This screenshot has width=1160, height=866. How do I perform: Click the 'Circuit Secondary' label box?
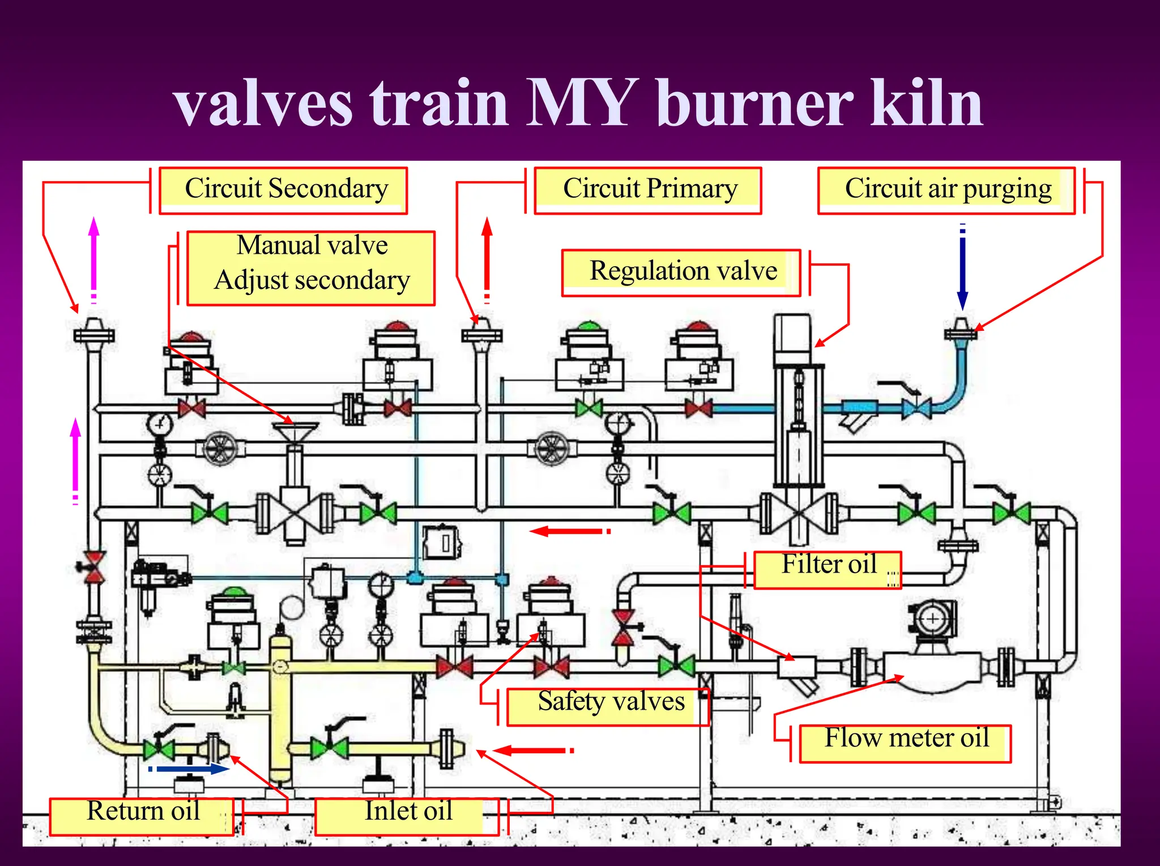pos(283,190)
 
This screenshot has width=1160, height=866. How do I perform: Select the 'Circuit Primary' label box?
pos(647,190)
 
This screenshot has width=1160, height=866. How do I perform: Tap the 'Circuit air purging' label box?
pos(946,190)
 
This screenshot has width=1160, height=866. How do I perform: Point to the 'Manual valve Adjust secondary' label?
pos(311,268)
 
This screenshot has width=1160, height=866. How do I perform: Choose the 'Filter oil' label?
pos(828,570)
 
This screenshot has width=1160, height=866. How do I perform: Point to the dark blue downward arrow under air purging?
pos(962,266)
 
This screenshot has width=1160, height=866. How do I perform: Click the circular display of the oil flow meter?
pos(933,619)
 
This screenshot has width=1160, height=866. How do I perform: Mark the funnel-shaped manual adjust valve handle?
pos(295,432)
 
